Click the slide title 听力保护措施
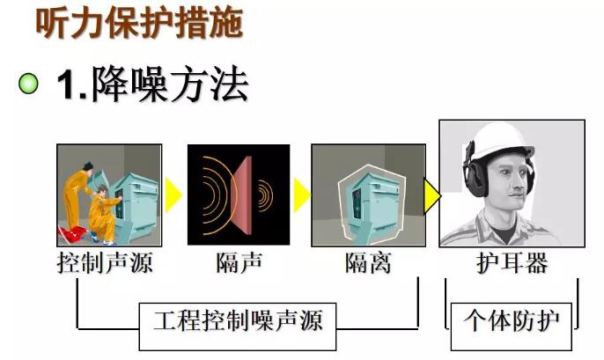point(139,24)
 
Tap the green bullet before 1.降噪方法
point(28,83)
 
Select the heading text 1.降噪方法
point(152,84)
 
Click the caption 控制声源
point(105,263)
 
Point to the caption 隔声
point(239,263)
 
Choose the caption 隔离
point(368,263)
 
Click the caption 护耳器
point(512,263)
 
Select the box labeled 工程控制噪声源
point(238,327)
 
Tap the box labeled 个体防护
point(512,327)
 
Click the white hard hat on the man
point(499,142)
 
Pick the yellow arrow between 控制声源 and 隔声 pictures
point(173,195)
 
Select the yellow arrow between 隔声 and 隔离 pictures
point(302,195)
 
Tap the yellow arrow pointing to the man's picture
point(432,195)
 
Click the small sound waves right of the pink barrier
point(265,195)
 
